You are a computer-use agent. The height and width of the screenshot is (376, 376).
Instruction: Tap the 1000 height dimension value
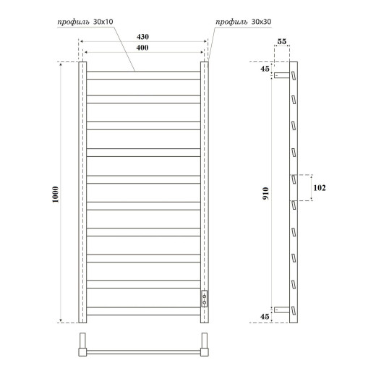[56, 194]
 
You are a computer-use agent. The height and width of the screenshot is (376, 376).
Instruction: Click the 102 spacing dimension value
[319, 188]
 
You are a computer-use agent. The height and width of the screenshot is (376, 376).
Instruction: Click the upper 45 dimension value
[265, 69]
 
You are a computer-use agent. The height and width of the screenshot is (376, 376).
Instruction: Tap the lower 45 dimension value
[265, 316]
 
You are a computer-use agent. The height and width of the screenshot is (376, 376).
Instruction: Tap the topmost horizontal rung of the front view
[143, 71]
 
